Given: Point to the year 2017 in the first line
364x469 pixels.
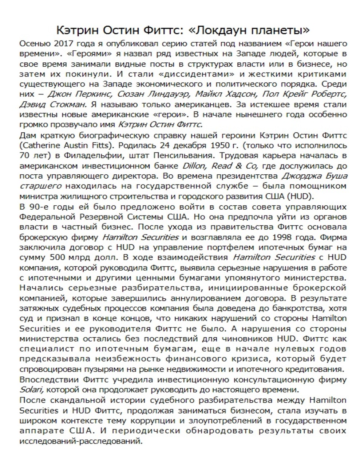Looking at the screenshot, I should click(x=64, y=44).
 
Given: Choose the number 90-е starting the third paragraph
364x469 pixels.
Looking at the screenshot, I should click(x=40, y=207).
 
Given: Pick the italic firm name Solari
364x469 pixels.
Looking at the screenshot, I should click(x=31, y=389).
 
